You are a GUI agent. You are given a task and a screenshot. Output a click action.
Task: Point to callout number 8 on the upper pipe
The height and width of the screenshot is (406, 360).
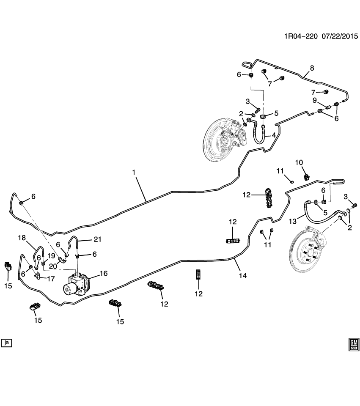coord(312,68)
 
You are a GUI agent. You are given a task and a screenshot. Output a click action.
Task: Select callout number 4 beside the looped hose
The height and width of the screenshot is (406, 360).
coord(274,135)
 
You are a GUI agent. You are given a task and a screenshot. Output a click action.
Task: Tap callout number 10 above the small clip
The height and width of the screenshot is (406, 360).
coord(299,162)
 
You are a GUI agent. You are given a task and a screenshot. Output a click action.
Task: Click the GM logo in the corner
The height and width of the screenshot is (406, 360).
coord(354,344)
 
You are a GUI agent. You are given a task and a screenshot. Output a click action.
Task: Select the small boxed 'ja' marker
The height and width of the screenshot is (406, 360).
coord(6,343)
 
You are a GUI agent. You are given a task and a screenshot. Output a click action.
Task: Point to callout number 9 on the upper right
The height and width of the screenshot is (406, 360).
coord(315,100)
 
